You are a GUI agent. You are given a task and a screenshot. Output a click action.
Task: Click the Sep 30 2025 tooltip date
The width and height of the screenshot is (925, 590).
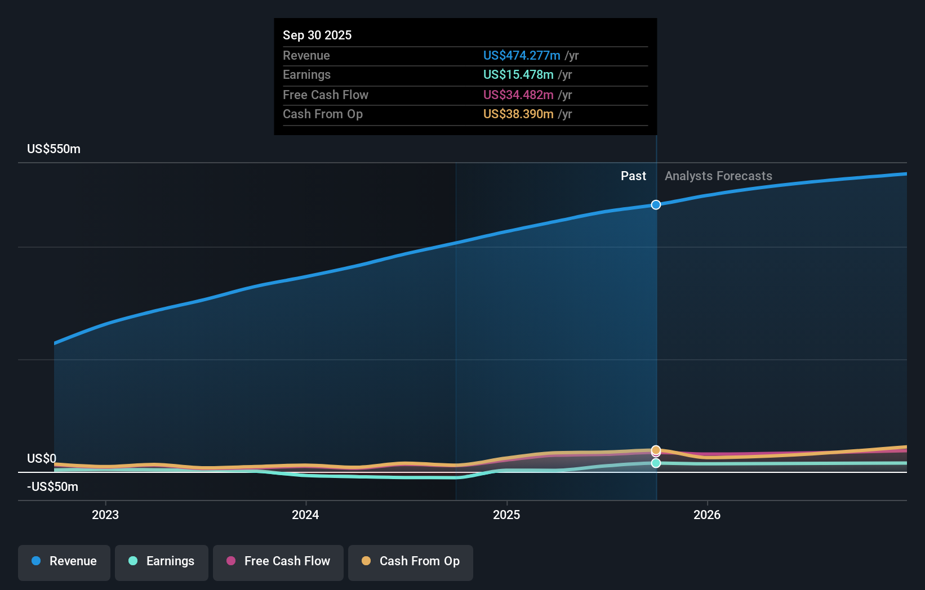(317, 35)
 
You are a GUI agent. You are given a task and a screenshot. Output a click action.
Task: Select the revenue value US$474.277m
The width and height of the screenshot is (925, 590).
(522, 55)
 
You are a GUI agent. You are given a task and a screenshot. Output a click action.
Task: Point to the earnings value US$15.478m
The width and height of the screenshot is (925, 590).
(518, 74)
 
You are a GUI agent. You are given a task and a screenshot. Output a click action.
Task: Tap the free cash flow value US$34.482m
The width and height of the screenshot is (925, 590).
(518, 95)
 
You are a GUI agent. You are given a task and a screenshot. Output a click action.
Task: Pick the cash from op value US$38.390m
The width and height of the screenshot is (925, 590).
(518, 114)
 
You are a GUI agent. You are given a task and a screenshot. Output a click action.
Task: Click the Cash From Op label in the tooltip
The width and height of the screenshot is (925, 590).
(323, 114)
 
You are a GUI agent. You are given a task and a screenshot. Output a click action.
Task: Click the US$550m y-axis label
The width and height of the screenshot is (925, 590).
(54, 149)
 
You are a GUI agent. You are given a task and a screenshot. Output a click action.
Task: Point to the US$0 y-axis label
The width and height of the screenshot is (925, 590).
(42, 458)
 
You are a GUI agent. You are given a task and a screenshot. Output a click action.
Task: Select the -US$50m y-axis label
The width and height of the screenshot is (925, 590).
(53, 486)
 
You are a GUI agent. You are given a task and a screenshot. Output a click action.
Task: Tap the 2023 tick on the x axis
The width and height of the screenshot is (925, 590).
(105, 515)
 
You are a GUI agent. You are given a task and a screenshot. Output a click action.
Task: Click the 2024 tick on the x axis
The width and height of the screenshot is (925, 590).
(305, 515)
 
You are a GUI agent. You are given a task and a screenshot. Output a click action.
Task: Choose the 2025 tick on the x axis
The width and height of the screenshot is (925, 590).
(506, 515)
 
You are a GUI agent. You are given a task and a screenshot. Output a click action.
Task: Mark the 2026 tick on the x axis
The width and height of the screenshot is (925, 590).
(707, 515)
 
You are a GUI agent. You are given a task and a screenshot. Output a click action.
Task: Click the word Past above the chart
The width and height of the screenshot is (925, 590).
(633, 176)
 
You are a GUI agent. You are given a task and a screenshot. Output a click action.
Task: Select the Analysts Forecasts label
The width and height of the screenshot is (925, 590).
(718, 176)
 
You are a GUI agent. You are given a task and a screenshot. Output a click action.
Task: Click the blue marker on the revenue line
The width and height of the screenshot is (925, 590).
(656, 204)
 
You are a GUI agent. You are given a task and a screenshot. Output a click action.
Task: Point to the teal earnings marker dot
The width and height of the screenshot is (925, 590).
(656, 463)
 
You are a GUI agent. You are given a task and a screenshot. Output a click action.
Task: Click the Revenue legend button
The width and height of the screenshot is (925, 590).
(64, 561)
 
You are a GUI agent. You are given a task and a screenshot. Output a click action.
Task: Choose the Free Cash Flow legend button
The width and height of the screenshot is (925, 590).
(278, 561)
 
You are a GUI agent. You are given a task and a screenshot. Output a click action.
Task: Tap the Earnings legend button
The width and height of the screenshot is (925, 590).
(162, 561)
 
